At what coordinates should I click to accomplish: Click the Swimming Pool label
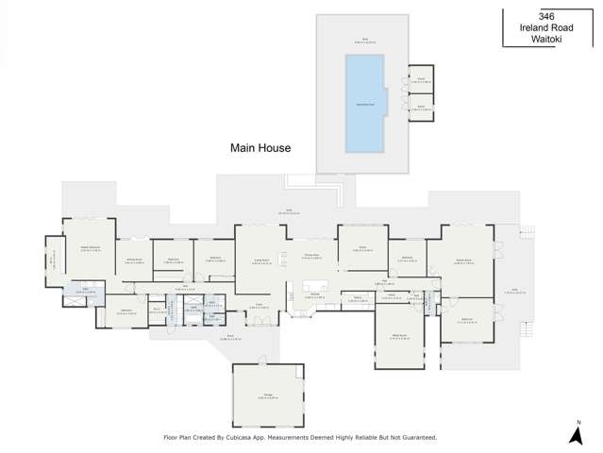(363, 103)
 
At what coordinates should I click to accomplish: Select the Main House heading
(260, 148)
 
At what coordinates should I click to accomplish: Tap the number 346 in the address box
(545, 16)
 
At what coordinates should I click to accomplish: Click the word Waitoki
(546, 39)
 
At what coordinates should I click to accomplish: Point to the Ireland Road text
(546, 27)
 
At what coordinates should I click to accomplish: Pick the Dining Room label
(312, 257)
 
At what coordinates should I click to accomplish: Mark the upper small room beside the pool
(421, 79)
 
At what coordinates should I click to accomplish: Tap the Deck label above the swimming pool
(363, 41)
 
